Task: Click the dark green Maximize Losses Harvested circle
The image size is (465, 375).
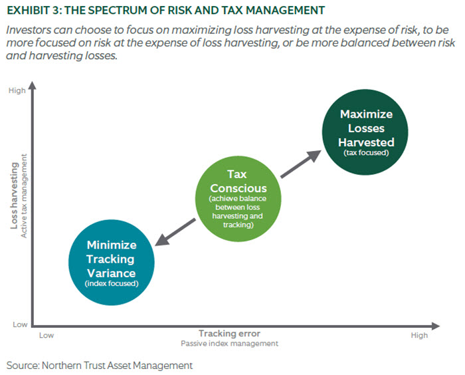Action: coord(365,132)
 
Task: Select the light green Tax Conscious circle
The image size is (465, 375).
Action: coord(238,199)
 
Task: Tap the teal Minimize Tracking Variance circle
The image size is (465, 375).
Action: coord(112,263)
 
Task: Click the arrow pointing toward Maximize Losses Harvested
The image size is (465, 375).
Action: coord(301,164)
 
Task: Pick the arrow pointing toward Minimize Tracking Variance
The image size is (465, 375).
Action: coord(175,232)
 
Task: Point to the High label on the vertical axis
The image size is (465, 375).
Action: coord(17,90)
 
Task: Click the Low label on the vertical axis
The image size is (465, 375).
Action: coord(20,324)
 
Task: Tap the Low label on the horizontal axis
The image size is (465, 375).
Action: coord(46,335)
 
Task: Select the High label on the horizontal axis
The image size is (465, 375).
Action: coord(419,335)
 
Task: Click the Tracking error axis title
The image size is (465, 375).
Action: coord(230,333)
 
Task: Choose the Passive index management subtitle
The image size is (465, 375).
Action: coord(230,344)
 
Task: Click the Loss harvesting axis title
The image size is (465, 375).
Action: coord(14,195)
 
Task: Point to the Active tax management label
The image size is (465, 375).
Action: coord(24,195)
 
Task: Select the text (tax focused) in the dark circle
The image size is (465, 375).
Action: coord(366,153)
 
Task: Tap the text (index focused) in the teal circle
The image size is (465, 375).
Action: coord(112,283)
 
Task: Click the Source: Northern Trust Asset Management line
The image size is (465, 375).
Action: coord(100,365)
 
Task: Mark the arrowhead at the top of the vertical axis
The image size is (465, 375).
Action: coord(33,86)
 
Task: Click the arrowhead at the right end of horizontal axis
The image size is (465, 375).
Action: coord(436,326)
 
